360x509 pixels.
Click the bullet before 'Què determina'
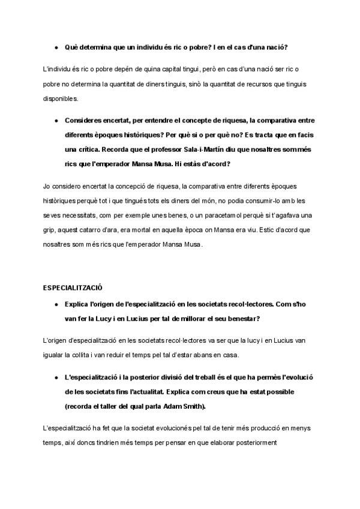click(x=56, y=47)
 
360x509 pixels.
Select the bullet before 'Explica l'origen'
click(x=56, y=304)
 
